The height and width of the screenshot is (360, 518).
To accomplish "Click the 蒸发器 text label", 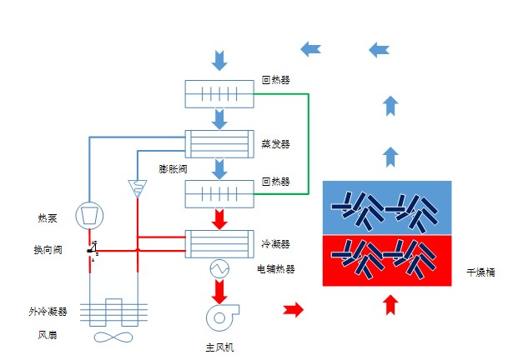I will click(275, 143).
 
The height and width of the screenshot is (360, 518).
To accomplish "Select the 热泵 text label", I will click(48, 218).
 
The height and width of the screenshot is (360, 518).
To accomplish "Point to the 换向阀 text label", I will click(48, 249).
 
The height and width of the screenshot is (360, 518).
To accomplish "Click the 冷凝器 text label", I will click(275, 244).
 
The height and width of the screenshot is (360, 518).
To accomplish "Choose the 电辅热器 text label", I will click(276, 269).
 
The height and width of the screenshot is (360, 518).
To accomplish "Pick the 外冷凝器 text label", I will click(48, 311).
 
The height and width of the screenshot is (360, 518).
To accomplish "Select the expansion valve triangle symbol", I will click(137, 188).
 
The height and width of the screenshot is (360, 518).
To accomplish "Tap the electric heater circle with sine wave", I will click(219, 268).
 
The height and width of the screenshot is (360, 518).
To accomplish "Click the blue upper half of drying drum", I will click(387, 207).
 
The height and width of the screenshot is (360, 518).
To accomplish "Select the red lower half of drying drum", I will click(387, 260).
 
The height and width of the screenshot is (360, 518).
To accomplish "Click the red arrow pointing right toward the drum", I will click(294, 310).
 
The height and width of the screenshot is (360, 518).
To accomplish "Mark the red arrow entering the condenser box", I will click(219, 221).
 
